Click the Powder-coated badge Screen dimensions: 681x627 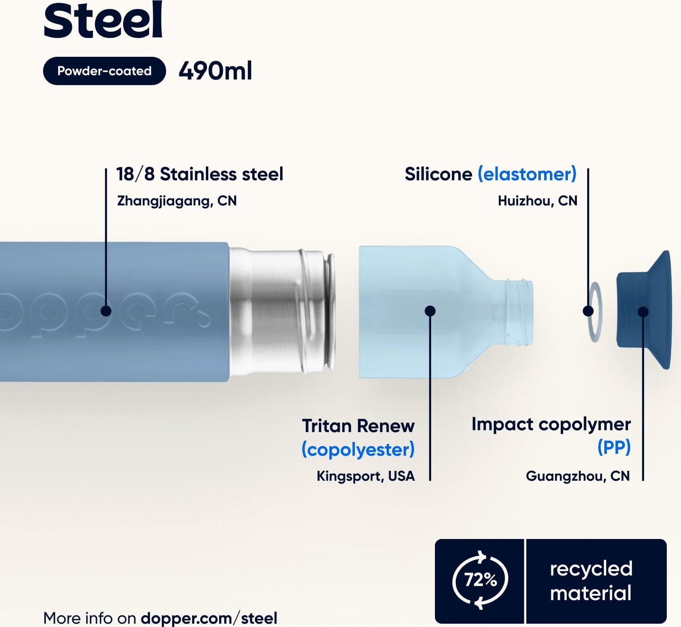[x=105, y=71]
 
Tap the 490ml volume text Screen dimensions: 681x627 [x=215, y=71]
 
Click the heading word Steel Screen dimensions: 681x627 [x=103, y=20]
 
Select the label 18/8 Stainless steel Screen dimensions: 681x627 [x=200, y=174]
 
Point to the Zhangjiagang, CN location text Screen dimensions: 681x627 [x=177, y=201]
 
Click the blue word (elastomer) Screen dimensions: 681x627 [x=527, y=174]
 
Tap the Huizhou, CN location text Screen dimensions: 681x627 [x=538, y=201]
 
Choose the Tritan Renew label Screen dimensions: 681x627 [x=359, y=426]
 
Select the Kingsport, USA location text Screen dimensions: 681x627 [x=366, y=476]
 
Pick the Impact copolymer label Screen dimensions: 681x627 [x=551, y=424]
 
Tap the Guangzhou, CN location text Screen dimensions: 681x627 [x=578, y=476]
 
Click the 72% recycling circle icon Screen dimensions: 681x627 [x=480, y=580]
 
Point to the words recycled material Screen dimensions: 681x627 [x=591, y=581]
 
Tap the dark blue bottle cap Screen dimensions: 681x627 [x=644, y=310]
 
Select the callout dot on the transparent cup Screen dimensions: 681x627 [x=430, y=311]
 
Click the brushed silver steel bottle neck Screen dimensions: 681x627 [x=282, y=312]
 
